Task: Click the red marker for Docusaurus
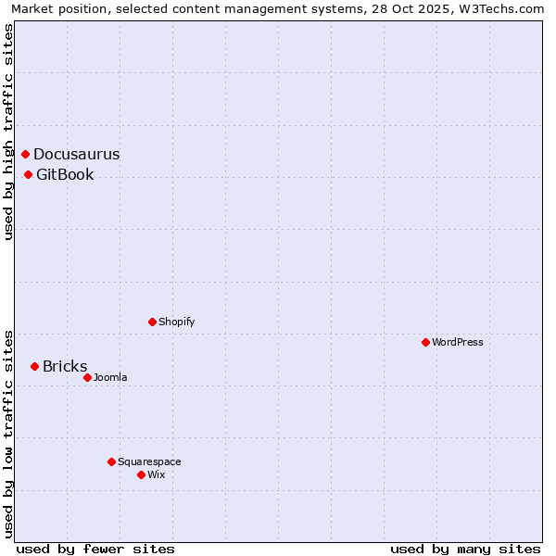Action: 26,154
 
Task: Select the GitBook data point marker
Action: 29,174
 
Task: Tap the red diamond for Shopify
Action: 152,322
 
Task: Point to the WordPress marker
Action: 425,342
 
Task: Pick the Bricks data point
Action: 35,366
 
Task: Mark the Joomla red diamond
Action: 87,377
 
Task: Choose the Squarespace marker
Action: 111,461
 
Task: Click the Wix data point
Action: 141,474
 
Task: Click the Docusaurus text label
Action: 76,155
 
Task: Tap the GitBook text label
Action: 65,175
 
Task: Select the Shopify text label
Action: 176,322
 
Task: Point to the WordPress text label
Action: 457,343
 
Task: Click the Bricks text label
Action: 65,367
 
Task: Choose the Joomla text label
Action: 110,378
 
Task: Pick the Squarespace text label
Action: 149,462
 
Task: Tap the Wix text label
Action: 156,475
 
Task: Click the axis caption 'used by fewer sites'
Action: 95,549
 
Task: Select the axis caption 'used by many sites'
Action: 465,549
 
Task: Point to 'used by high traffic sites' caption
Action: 9,132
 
